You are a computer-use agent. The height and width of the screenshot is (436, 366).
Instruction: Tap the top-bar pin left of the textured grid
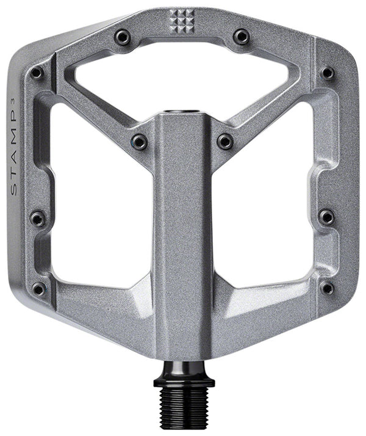[x=122, y=37]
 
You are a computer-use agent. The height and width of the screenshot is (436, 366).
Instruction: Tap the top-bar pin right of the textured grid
[x=241, y=37]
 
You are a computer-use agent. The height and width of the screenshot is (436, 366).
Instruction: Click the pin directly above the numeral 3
[x=37, y=73]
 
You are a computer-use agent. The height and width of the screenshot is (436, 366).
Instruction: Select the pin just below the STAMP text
[x=38, y=217]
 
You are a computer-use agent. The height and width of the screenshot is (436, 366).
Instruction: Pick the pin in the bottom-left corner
[x=38, y=288]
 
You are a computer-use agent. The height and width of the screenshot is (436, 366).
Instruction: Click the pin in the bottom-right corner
[x=328, y=288]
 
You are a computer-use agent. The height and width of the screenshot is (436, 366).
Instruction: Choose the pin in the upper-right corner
[x=328, y=73]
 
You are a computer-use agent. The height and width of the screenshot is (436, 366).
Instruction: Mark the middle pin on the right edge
[x=326, y=217]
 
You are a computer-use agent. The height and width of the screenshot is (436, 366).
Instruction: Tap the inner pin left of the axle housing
[x=140, y=142]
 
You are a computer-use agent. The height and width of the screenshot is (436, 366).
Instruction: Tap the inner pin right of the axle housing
[x=225, y=142]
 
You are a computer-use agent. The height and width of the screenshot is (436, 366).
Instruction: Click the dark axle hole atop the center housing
[x=182, y=112]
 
